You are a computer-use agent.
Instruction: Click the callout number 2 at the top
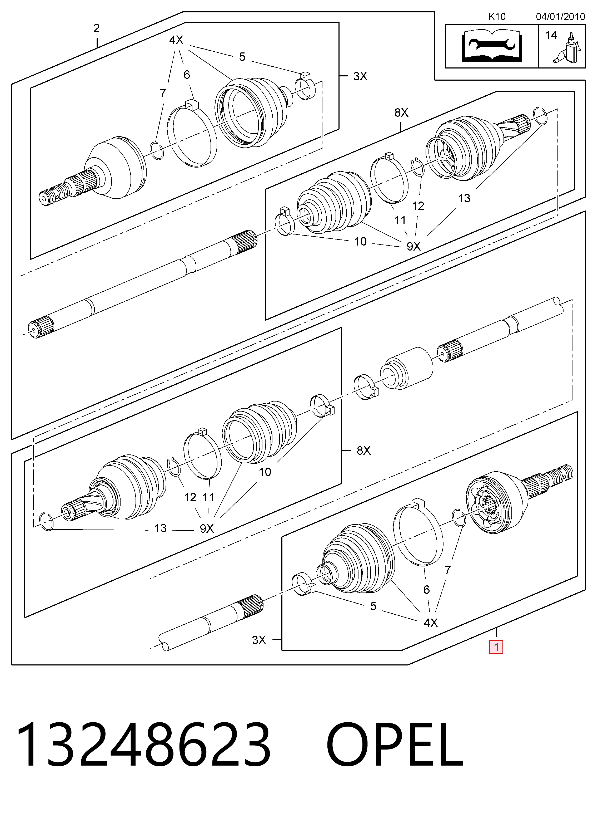pos(96,28)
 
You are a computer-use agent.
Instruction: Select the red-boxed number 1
pos(496,647)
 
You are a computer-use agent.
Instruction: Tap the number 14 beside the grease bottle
pos(551,36)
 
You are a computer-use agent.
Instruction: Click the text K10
pos(497,17)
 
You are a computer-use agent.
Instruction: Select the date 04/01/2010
pos(560,17)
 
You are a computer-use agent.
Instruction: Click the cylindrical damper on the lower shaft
pos(407,369)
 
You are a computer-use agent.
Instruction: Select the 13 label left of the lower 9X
pos(160,528)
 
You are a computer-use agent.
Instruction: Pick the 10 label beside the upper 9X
pos(360,242)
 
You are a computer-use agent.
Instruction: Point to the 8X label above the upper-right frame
pos(401,113)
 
